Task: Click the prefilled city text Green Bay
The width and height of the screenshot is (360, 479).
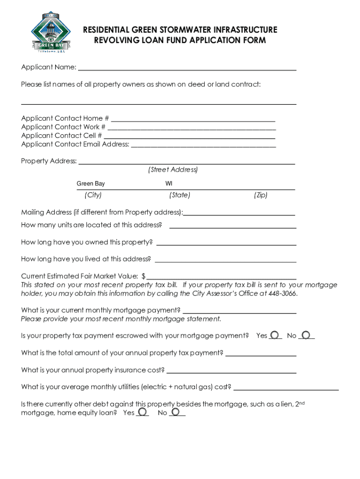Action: pyautogui.click(x=91, y=184)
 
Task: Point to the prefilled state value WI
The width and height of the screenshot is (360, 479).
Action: pyautogui.click(x=168, y=184)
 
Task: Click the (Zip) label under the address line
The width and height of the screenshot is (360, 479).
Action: pyautogui.click(x=260, y=195)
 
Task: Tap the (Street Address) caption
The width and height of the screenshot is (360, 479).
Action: pyautogui.click(x=173, y=169)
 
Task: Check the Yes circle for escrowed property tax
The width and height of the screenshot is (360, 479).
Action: pyautogui.click(x=275, y=335)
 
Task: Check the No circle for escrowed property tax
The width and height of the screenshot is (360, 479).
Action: pyautogui.click(x=306, y=335)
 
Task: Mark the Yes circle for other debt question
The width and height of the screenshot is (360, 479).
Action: pyautogui.click(x=143, y=412)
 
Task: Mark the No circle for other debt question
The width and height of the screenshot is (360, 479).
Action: pyautogui.click(x=176, y=412)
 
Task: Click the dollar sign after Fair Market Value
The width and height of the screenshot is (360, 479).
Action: pyautogui.click(x=144, y=276)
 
